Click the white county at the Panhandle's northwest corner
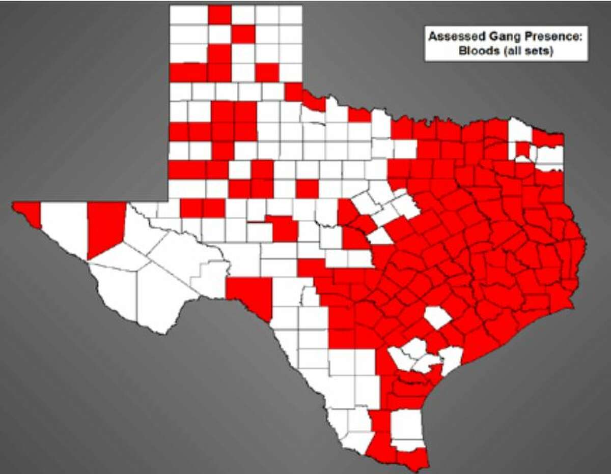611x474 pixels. [188, 14]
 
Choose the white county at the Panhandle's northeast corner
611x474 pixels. [290, 14]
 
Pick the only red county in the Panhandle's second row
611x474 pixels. [243, 34]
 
